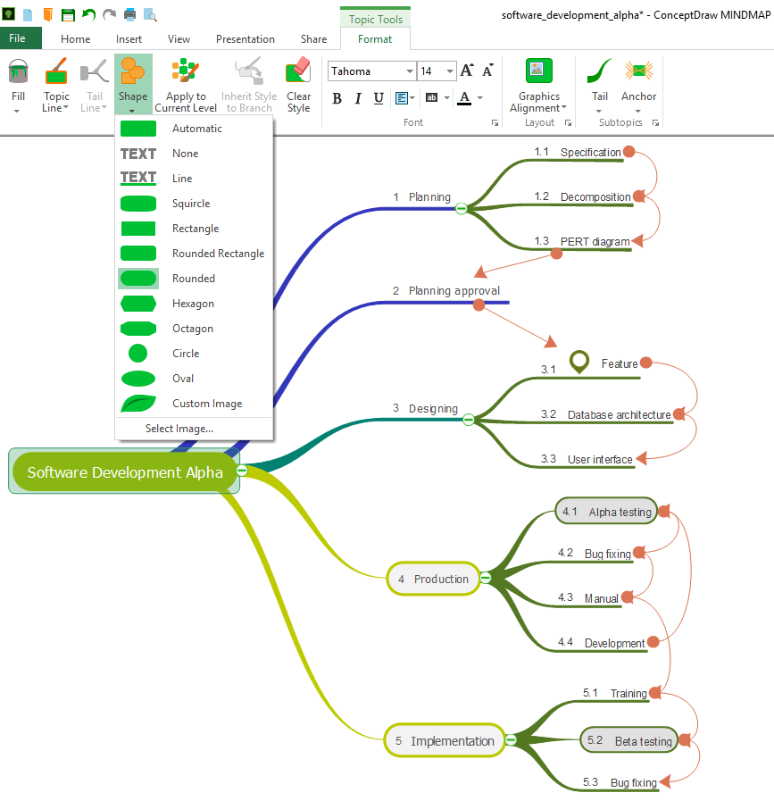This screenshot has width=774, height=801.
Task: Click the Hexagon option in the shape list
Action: coord(192,304)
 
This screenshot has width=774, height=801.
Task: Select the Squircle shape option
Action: coord(192,204)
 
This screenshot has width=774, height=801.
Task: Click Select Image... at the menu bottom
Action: coord(179,429)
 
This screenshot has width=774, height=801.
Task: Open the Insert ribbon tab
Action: coord(129,39)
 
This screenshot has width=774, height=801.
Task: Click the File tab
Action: coord(18,38)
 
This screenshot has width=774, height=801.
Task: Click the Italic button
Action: coord(358,98)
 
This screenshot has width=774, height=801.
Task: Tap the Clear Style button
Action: coord(298,85)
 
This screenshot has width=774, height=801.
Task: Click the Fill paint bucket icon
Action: coord(18,71)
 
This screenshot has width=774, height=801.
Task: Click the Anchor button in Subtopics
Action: coord(638,85)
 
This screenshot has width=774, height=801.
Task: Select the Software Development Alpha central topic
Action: coord(125,472)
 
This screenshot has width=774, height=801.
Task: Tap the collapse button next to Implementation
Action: coord(511,740)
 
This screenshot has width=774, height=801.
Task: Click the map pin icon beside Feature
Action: coord(580,362)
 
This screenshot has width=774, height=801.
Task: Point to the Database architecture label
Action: coord(619,414)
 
